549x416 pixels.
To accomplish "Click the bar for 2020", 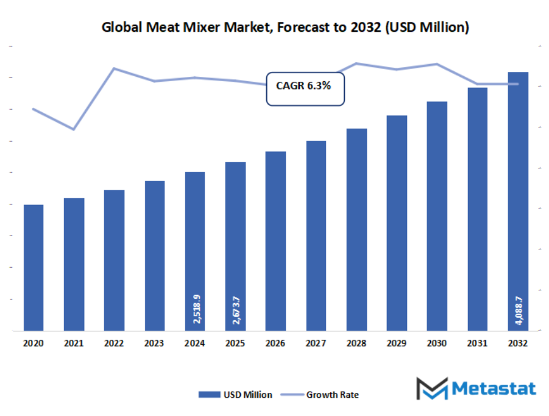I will (x=34, y=268).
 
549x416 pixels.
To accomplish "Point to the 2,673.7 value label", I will (x=236, y=309).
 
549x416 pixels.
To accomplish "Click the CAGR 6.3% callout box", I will (x=305, y=88).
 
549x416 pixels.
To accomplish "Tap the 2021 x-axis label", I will (x=74, y=343).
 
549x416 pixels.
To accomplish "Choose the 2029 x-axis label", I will (x=397, y=343).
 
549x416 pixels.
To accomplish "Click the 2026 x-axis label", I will (x=276, y=343).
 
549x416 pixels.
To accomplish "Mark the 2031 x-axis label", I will (x=478, y=343).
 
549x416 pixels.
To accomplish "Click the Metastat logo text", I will (x=494, y=389).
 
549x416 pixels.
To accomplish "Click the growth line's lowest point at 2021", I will (x=74, y=129).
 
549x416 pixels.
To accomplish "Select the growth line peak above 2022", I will (x=114, y=68).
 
